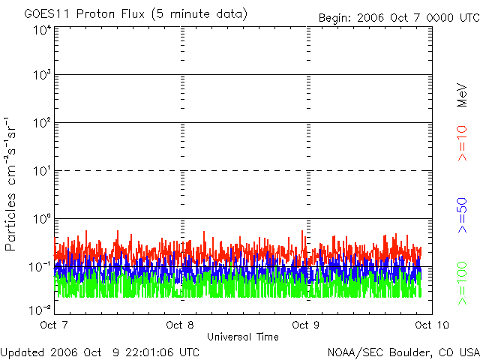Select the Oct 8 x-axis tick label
pos(179,325)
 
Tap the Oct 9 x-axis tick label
pos(305,325)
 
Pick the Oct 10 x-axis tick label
pos(428,325)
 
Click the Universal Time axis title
pos(242,337)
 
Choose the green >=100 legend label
pos(463,281)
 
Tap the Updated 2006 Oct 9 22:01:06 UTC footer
pos(100,352)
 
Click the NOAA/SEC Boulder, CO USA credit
pos(403,352)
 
